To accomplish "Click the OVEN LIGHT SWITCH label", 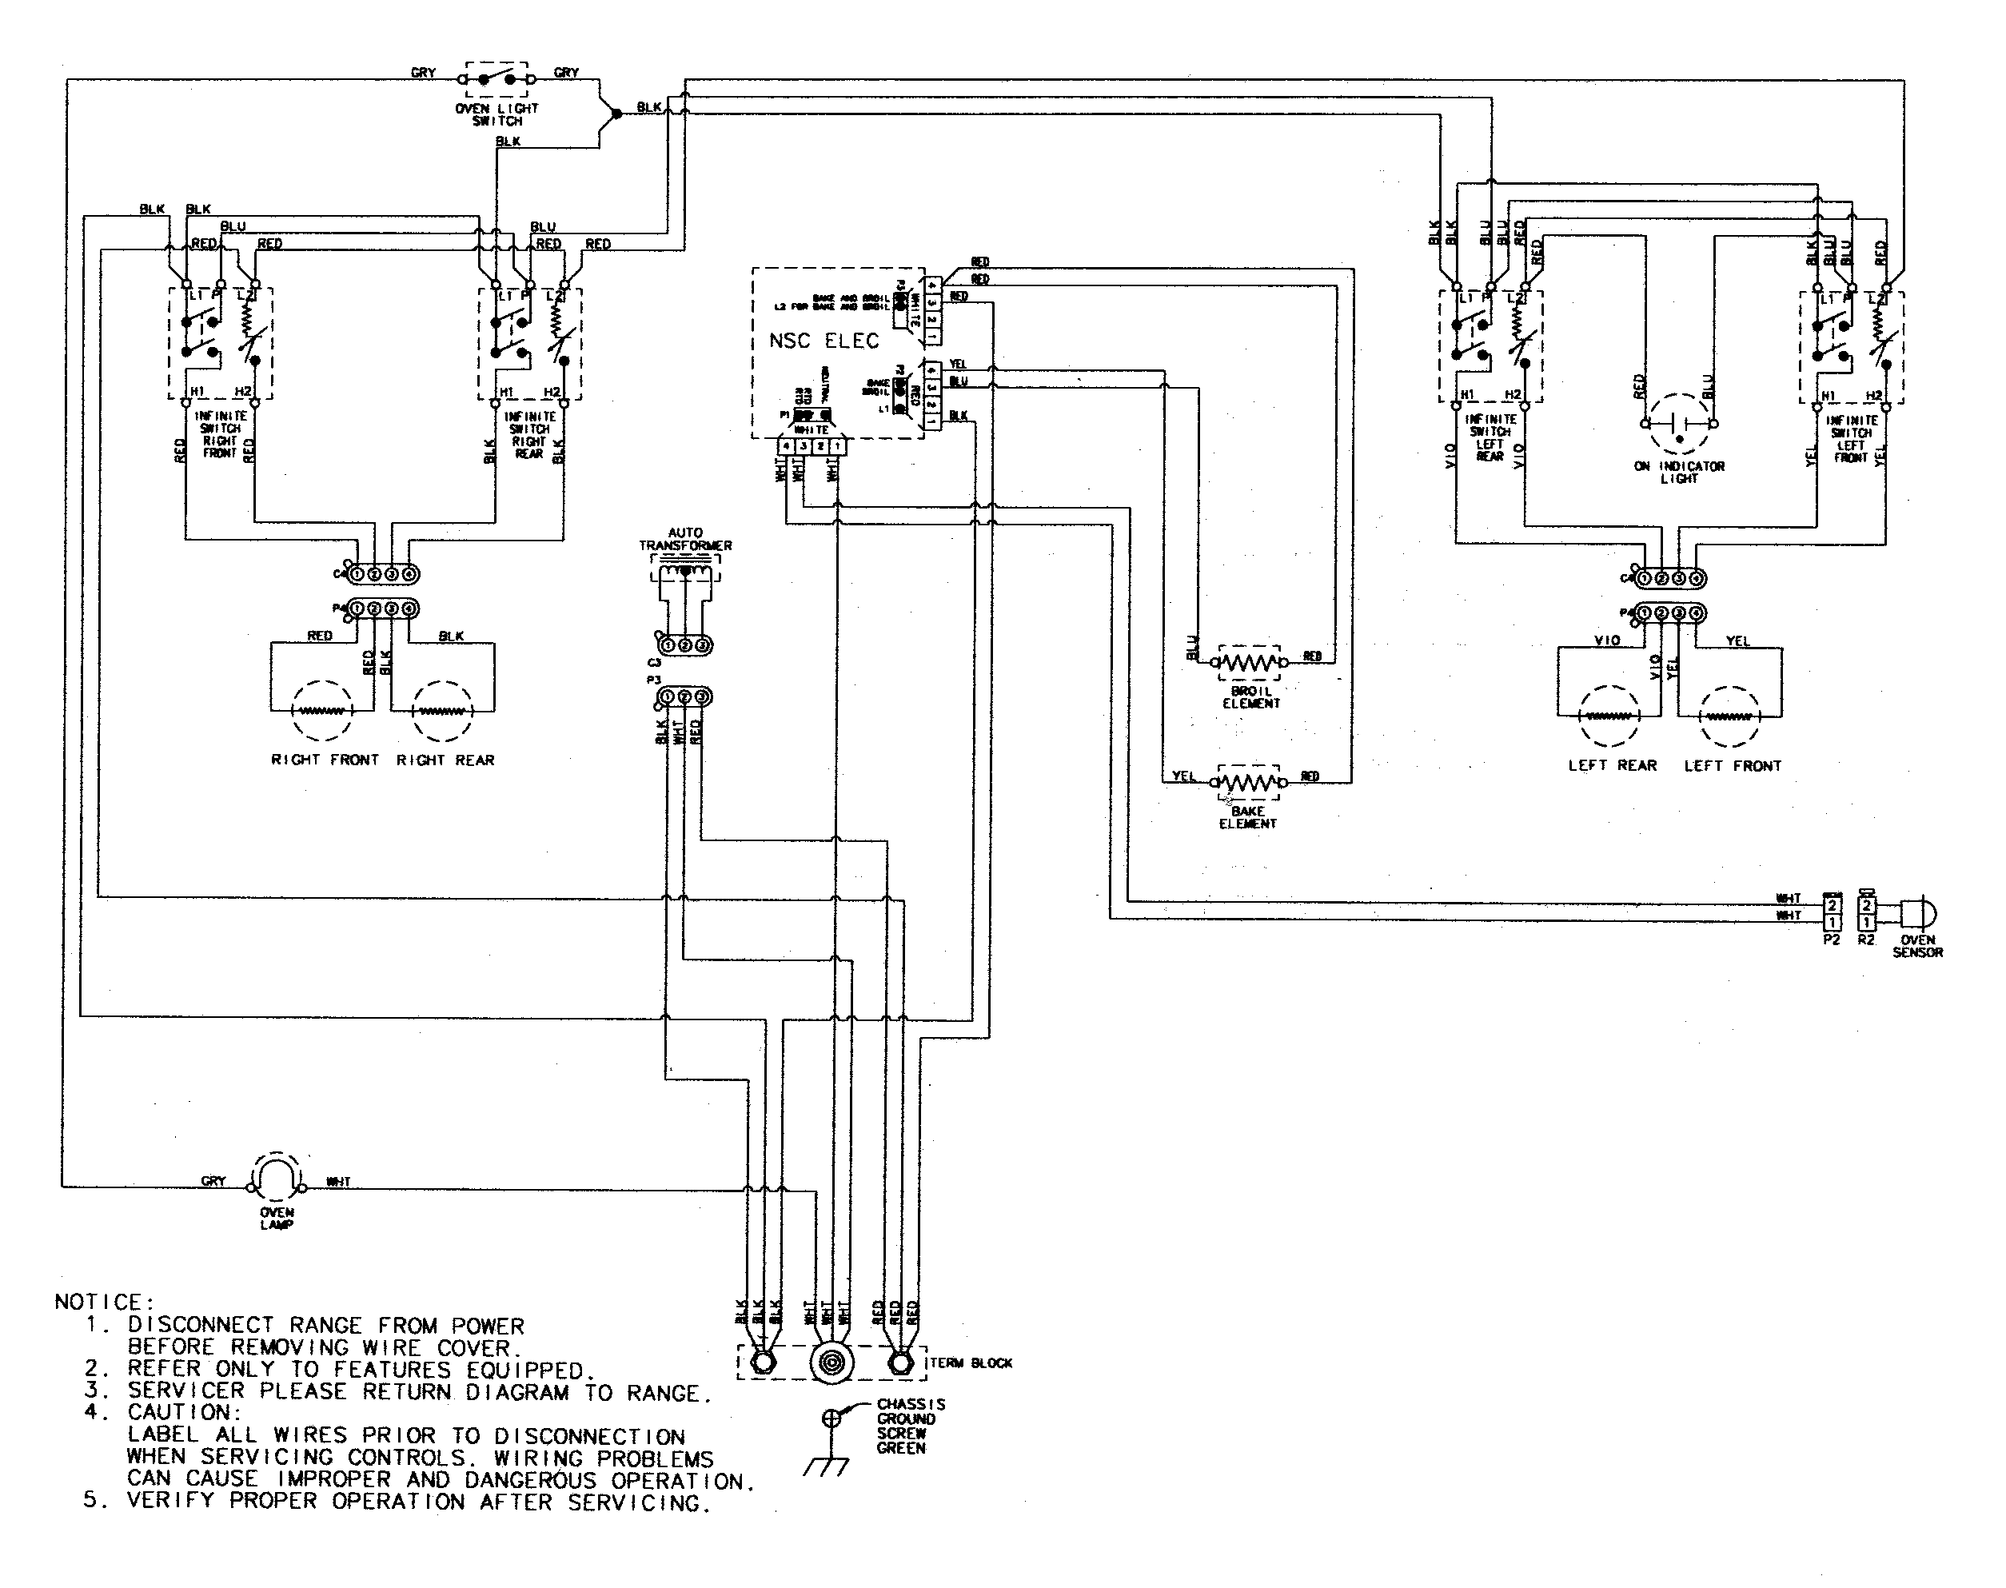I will point(497,114).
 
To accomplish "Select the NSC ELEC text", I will point(823,341).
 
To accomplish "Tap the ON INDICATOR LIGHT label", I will point(1679,473).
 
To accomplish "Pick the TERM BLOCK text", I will point(971,1363).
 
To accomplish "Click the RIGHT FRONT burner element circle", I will point(321,712).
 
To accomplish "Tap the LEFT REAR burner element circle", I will point(1609,716).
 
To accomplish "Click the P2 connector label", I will point(1830,940).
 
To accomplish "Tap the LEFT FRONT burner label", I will point(1732,766).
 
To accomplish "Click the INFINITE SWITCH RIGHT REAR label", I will point(529,434).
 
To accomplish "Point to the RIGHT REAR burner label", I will point(445,760).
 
